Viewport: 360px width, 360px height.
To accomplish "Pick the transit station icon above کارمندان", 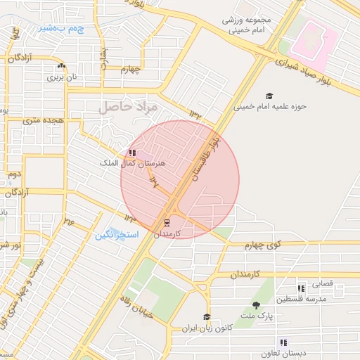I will pyautogui.click(x=167, y=222).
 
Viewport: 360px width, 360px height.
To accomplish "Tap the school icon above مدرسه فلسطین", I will pyautogui.click(x=301, y=288).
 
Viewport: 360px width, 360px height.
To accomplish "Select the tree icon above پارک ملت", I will pyautogui.click(x=255, y=304).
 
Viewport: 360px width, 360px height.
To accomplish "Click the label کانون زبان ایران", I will pyautogui.click(x=207, y=328).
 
